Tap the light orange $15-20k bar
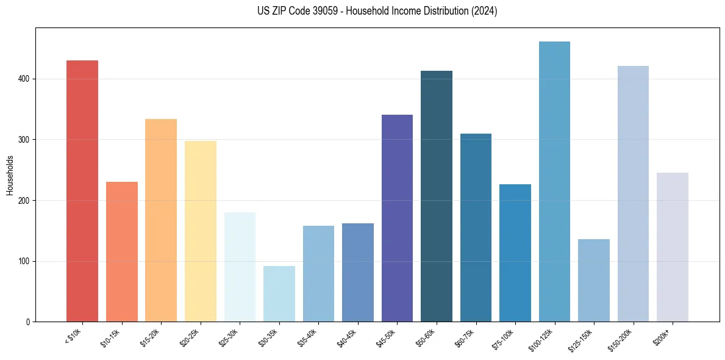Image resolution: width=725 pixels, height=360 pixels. pyautogui.click(x=161, y=220)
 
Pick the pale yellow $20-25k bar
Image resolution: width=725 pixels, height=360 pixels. pyautogui.click(x=200, y=231)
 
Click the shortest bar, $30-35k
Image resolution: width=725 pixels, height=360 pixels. pyautogui.click(x=279, y=293)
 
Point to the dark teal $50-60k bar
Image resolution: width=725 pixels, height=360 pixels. pyautogui.click(x=437, y=196)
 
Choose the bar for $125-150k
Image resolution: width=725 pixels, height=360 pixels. pyautogui.click(x=594, y=280)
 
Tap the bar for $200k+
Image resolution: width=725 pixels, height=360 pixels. pyautogui.click(x=673, y=247)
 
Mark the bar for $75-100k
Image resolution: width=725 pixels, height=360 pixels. pyautogui.click(x=515, y=253)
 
